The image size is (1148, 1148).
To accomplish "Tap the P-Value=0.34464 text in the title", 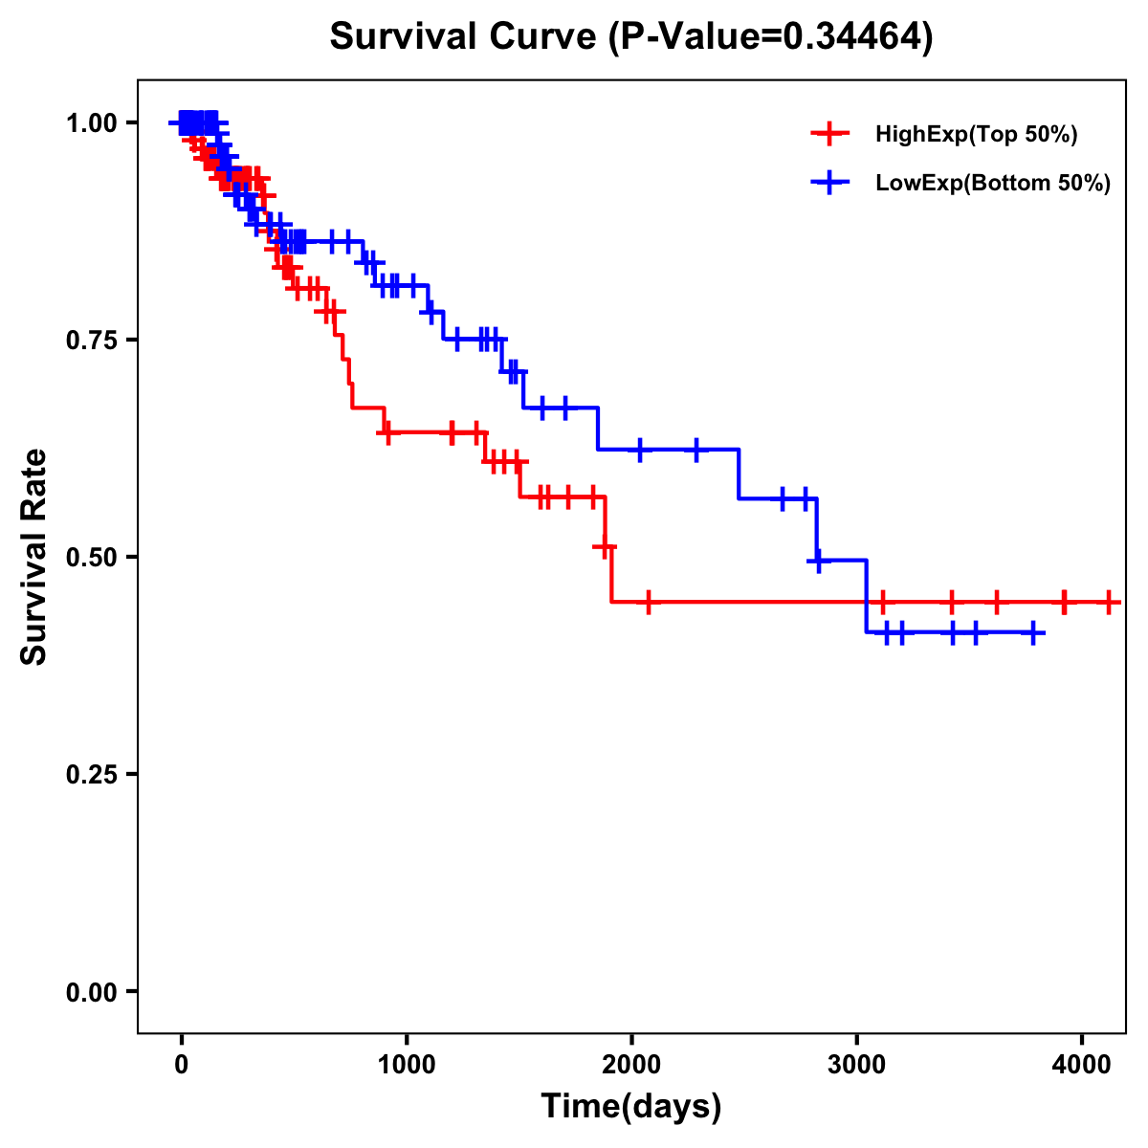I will [x=773, y=37].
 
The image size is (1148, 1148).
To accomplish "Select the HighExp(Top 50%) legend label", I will [x=977, y=135].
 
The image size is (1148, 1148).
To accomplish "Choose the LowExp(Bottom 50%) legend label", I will [x=993, y=184].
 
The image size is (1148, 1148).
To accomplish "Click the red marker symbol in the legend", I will [x=829, y=135].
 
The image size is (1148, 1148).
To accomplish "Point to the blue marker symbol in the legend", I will [x=829, y=184].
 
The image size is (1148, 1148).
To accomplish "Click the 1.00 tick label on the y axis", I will [x=91, y=123].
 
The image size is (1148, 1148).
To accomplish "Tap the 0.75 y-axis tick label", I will [x=91, y=341].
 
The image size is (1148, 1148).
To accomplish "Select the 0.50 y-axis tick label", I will [x=91, y=558].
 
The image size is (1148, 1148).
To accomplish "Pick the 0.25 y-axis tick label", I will [x=91, y=775].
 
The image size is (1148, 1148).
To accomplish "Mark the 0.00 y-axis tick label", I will [x=91, y=992].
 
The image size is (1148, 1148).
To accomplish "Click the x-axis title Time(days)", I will [x=631, y=1107].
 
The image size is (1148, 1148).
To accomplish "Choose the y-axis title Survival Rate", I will [x=34, y=557].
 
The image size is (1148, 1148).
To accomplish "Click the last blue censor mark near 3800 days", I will [x=1033, y=633].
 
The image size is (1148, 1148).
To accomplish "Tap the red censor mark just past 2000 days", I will [x=649, y=602].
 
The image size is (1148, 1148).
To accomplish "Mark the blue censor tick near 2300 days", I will [x=695, y=449].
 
